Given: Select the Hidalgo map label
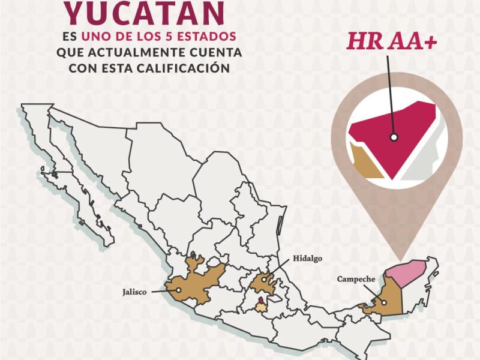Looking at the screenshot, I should coord(308,259).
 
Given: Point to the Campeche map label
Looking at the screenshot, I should coord(356,279).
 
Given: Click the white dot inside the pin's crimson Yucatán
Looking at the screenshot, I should coord(394,137).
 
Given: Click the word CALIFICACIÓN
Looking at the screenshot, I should coord(188,68).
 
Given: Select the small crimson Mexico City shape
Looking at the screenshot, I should coord(261,301).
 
